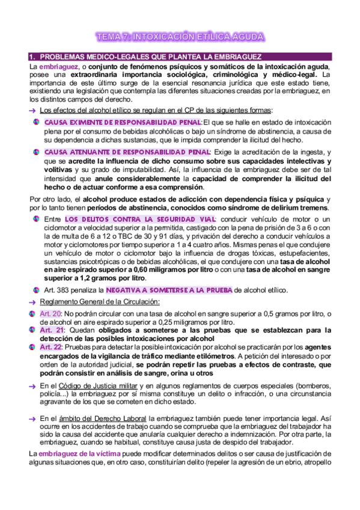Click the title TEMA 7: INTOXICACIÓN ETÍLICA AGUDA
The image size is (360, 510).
180,37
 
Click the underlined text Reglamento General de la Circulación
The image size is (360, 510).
99,301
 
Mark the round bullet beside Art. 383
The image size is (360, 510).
37,290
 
